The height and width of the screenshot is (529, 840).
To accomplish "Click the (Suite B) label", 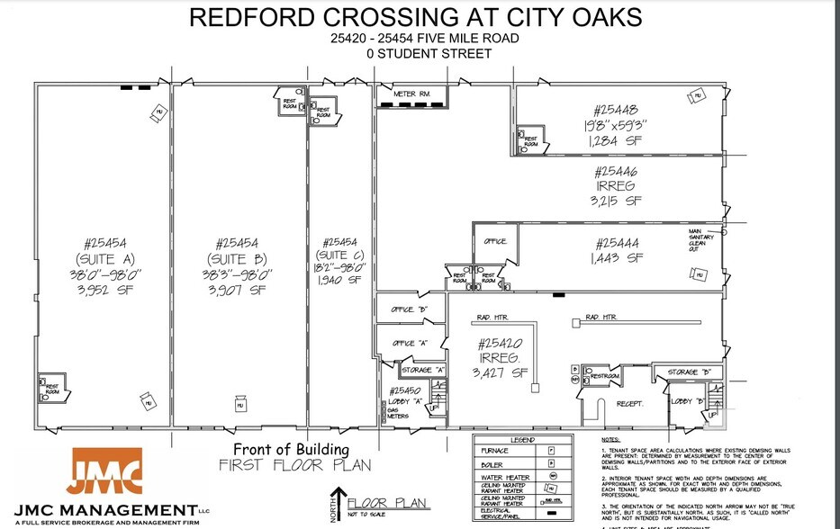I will [237, 259].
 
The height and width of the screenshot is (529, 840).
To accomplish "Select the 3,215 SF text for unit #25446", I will [617, 201].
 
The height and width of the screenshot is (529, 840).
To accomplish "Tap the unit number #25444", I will [617, 242].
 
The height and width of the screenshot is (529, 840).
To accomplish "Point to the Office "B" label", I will [408, 309].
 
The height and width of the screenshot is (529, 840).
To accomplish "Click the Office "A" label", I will [408, 343].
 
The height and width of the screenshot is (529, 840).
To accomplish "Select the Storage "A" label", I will [422, 370].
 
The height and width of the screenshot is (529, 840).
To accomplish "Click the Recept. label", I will [630, 404].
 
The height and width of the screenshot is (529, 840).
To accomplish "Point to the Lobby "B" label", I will [686, 401].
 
